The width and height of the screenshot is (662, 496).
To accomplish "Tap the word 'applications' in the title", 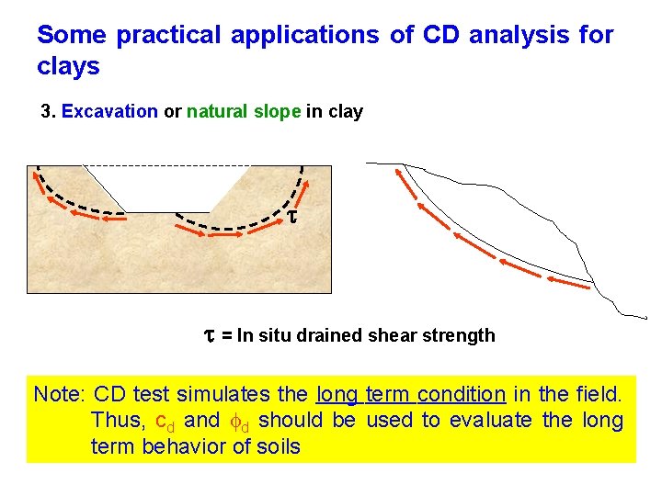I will (304, 36).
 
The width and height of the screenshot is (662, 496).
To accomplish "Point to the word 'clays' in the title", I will (68, 67).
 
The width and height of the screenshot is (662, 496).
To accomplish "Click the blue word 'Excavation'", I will (109, 112).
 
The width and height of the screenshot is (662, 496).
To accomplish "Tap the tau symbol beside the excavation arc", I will (291, 217).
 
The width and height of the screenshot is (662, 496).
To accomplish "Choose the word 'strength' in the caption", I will (460, 336).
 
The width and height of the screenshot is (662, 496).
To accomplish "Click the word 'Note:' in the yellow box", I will (60, 395).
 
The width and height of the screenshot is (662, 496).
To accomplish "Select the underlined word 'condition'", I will (462, 395).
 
